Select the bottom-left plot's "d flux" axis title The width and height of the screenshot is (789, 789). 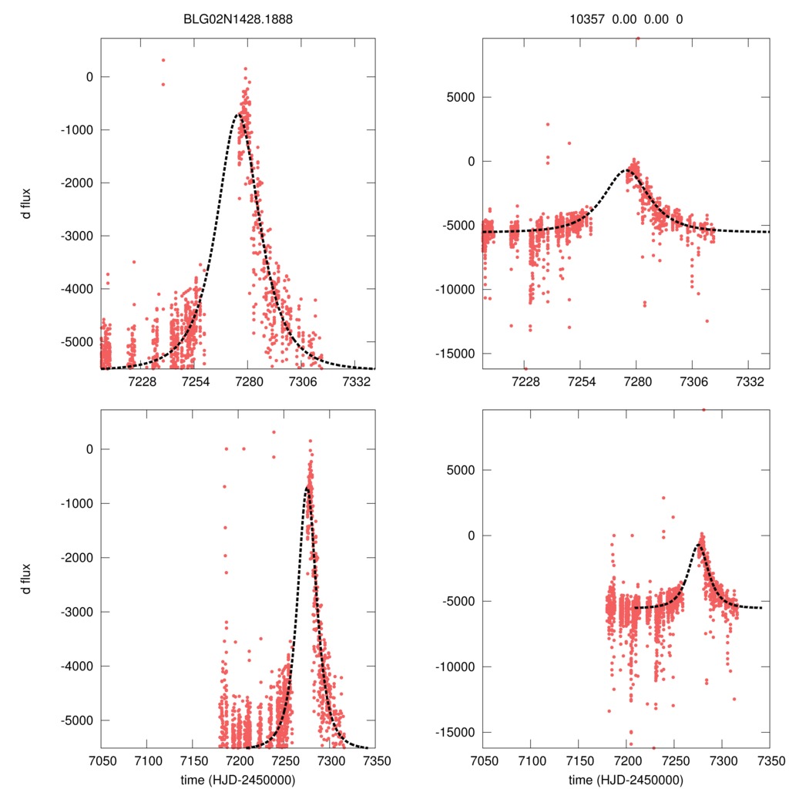coord(27,579)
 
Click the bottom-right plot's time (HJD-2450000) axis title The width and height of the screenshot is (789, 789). coord(625,780)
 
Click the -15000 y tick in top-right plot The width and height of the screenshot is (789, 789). coord(458,353)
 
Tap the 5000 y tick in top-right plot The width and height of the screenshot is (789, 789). coord(462,97)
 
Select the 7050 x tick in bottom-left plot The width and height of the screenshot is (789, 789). coord(101,760)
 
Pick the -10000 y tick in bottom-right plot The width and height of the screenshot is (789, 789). coord(458,666)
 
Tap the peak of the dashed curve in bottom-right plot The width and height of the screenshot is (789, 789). coord(698,545)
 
